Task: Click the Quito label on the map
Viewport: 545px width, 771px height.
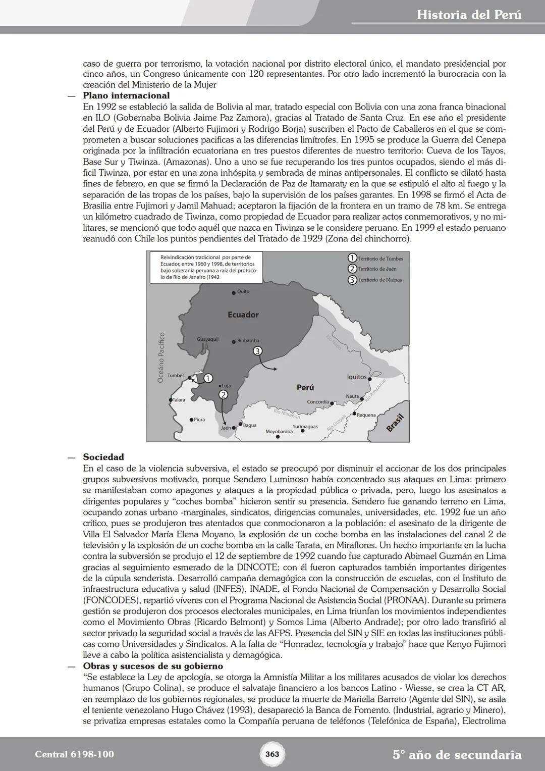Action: click(243, 292)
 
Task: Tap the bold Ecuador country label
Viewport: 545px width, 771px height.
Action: click(243, 315)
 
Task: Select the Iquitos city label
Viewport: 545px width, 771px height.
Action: click(357, 377)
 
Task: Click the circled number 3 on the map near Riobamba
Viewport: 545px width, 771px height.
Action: click(257, 351)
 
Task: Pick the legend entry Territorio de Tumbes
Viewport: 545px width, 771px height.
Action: click(380, 259)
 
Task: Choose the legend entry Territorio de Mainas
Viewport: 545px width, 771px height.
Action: click(380, 280)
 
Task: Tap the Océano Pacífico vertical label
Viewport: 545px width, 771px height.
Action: click(161, 357)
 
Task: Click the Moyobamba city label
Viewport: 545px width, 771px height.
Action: click(279, 432)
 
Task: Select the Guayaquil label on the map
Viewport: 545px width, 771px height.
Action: click(207, 339)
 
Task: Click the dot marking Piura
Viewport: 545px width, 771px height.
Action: click(191, 420)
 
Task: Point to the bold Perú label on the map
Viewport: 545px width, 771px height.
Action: click(305, 387)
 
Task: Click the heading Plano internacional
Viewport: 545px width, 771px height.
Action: click(126, 95)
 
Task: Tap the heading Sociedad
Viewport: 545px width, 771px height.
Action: click(103, 457)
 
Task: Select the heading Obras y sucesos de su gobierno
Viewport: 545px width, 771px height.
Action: click(153, 666)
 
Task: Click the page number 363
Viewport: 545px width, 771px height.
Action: click(272, 754)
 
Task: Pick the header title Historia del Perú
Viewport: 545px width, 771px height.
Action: click(469, 15)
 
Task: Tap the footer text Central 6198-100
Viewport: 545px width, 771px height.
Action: click(75, 754)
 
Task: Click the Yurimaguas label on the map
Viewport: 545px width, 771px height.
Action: click(305, 427)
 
